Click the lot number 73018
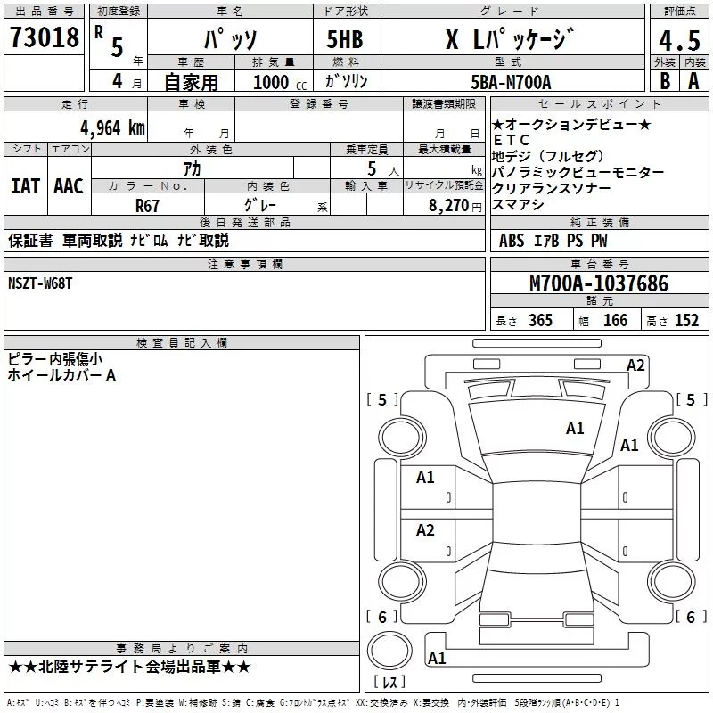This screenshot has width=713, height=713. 44,37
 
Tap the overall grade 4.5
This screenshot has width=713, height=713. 679,40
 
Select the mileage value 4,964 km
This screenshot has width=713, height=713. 112,128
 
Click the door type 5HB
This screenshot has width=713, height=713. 345,39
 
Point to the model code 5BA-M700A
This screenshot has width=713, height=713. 511,82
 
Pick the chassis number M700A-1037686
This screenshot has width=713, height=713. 599,283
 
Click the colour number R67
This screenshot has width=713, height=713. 147,206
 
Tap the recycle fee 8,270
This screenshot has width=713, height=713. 448,205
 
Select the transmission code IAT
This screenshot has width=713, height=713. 25,186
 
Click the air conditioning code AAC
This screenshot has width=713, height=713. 69,186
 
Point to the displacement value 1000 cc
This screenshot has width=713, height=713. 280,82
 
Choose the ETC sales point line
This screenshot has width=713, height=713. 512,140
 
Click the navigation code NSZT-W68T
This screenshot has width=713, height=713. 40,283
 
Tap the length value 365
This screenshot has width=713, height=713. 540,320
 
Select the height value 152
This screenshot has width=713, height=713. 686,320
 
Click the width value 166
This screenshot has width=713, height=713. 615,320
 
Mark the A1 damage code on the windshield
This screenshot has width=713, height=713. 575,429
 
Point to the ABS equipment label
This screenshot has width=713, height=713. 511,240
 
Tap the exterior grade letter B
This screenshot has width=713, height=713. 665,81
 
